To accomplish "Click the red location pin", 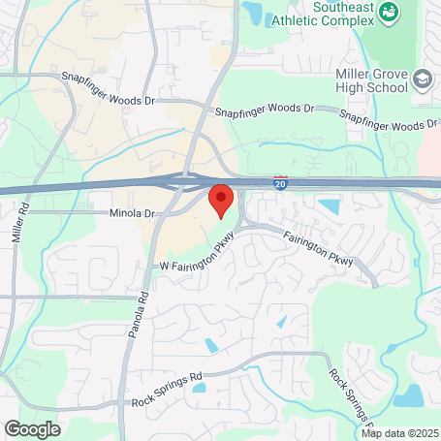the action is [221, 200].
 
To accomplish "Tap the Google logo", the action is [32, 427].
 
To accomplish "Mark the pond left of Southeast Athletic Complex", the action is [253, 13].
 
